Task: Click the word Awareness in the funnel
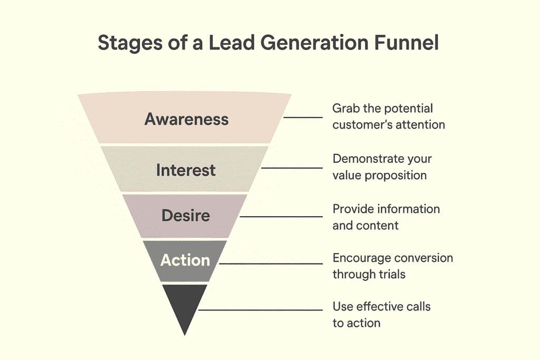click(x=186, y=119)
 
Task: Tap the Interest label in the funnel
click(x=186, y=170)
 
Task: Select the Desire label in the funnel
click(x=186, y=216)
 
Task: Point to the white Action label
click(x=185, y=260)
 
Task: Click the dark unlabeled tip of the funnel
click(x=185, y=306)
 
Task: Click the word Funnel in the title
click(x=407, y=42)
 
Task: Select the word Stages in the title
click(x=130, y=43)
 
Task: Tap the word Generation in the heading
click(x=314, y=42)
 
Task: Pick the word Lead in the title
click(x=232, y=42)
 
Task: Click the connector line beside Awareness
click(x=303, y=118)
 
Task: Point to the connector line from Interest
click(x=292, y=168)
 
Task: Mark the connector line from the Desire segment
click(x=281, y=217)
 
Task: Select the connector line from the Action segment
click(x=271, y=264)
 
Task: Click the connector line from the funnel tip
click(x=261, y=310)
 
